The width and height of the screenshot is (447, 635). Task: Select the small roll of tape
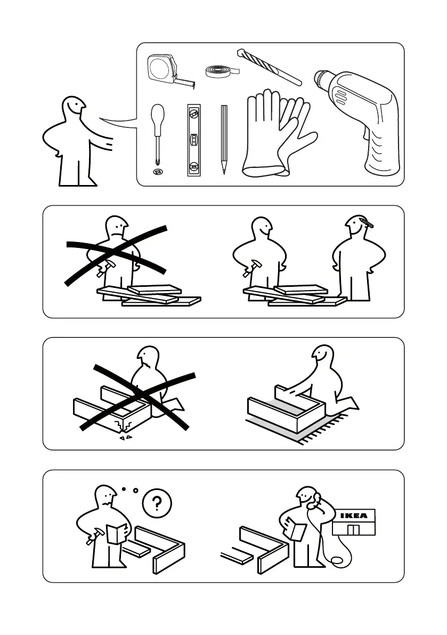click(221, 71)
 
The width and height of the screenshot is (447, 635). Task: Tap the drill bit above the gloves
click(269, 67)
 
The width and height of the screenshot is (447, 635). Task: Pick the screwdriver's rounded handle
click(157, 116)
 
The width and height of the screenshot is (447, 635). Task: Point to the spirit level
click(194, 140)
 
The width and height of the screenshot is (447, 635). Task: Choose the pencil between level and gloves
click(224, 140)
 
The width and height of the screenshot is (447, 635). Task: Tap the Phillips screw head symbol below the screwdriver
click(158, 172)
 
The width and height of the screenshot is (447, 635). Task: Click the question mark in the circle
click(157, 504)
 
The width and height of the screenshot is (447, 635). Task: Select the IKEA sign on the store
click(354, 516)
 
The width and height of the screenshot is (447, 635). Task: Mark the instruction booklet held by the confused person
click(117, 534)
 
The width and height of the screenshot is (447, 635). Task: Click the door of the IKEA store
click(353, 529)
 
